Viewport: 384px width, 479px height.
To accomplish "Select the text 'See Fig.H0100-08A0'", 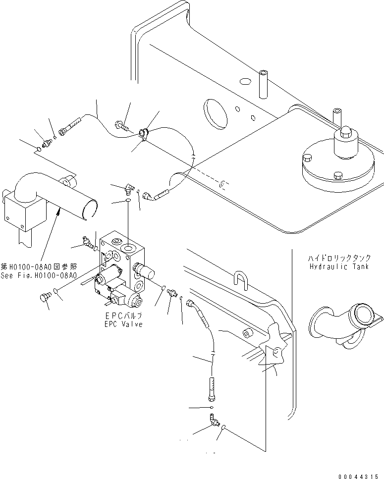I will click(38, 275).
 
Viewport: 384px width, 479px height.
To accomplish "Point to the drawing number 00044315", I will click(360, 476).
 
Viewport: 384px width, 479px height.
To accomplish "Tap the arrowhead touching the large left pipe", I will click(59, 212).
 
